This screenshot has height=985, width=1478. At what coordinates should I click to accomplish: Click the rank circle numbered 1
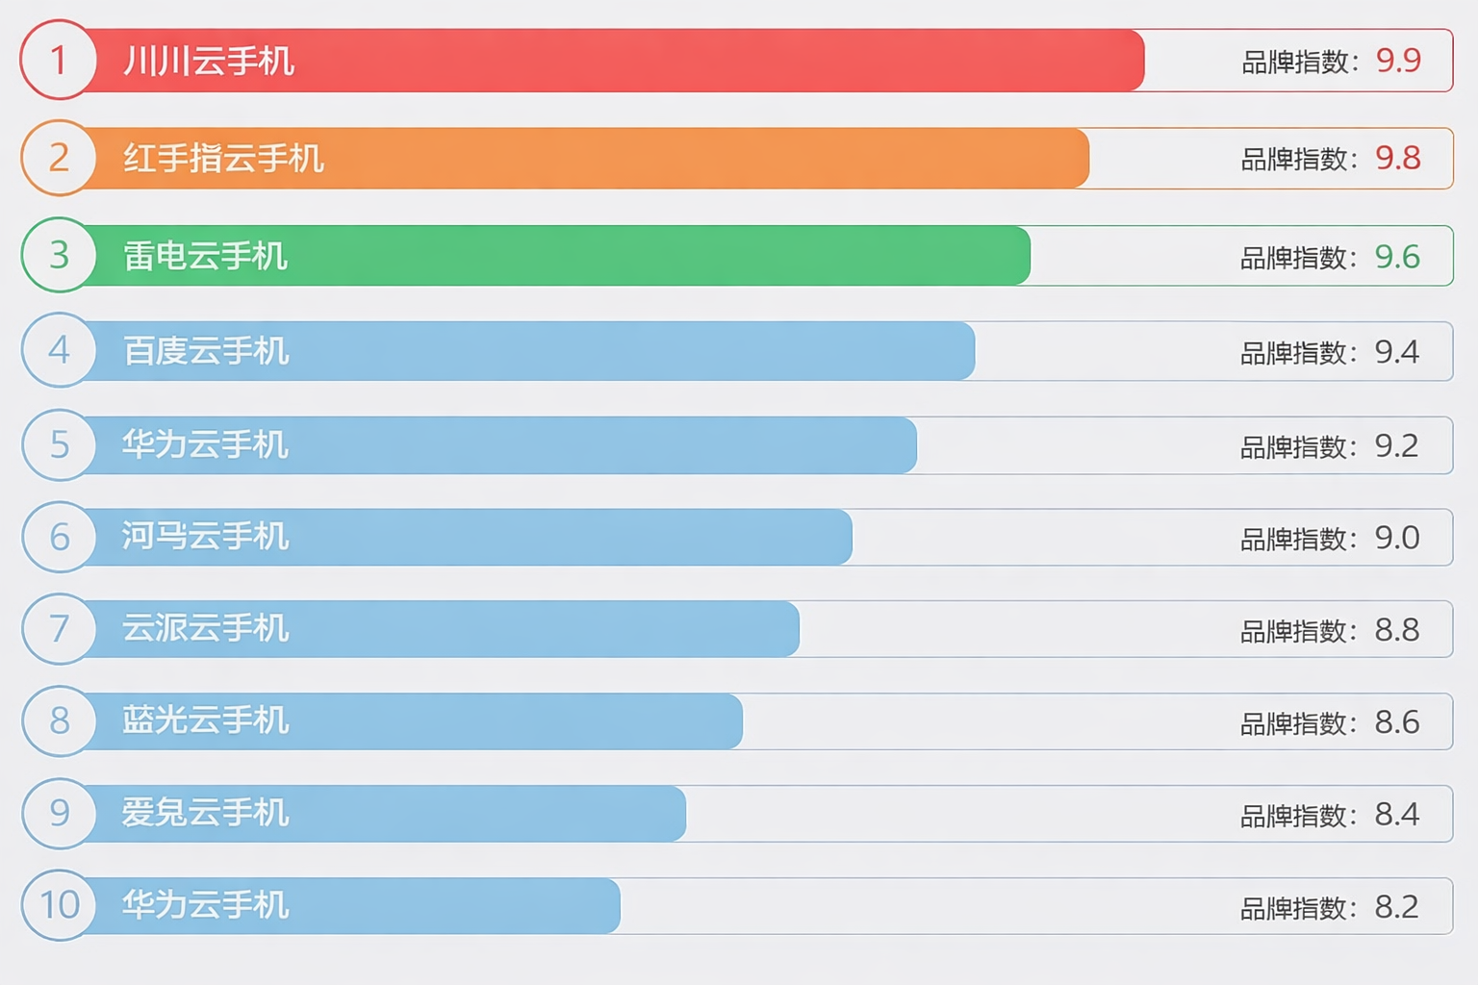tap(59, 60)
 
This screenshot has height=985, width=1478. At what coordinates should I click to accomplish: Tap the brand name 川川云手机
tap(209, 62)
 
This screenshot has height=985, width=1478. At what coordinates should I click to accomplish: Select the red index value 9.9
tap(1398, 61)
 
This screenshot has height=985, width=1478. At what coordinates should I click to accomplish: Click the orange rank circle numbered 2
tap(59, 158)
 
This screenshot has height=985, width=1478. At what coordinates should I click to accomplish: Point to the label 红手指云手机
tap(223, 159)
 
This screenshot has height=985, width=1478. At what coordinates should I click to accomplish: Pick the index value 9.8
tap(1398, 158)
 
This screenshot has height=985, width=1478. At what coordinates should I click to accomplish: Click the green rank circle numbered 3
tap(59, 255)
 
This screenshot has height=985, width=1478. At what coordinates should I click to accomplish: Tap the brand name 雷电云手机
tap(205, 256)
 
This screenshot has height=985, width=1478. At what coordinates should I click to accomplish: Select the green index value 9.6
tap(1397, 257)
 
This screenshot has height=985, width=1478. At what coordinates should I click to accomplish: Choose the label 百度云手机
tap(206, 351)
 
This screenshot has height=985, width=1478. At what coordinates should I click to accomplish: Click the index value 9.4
tap(1396, 352)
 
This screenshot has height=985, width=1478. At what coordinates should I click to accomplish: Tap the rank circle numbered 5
tap(60, 444)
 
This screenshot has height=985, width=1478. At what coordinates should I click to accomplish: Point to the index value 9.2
tap(1396, 445)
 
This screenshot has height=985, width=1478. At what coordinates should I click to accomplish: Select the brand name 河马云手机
tap(205, 537)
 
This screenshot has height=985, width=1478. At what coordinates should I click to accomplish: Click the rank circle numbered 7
tap(60, 629)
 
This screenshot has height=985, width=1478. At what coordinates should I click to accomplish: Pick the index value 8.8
tap(1396, 630)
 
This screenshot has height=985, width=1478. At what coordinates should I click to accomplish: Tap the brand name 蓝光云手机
tap(205, 720)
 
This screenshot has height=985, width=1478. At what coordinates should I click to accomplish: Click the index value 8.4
tap(1396, 815)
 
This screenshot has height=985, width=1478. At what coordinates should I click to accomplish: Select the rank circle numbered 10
tap(60, 904)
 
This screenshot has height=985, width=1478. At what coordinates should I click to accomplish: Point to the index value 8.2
tap(1396, 907)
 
